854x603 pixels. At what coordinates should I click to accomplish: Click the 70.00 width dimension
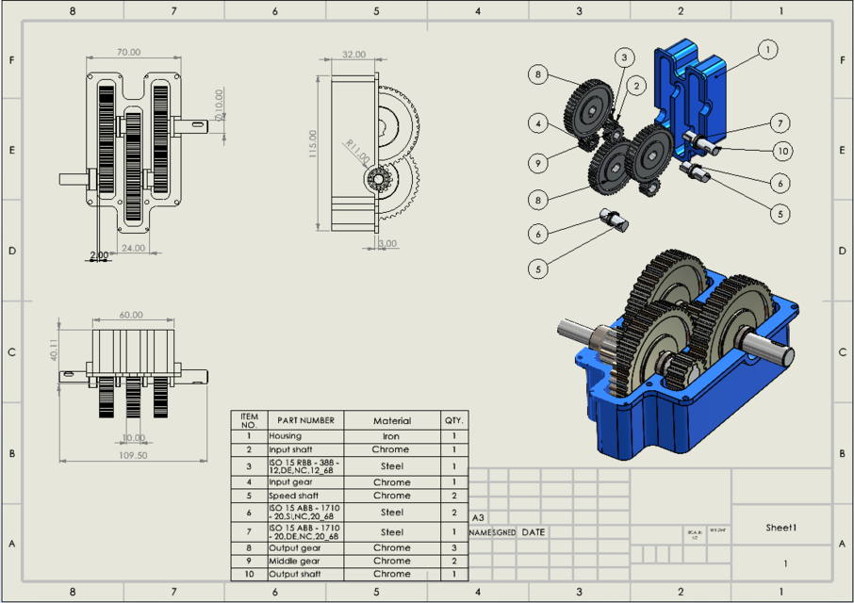point(129,53)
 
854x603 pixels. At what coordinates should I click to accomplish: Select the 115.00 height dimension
point(313,145)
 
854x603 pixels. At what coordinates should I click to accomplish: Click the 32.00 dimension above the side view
point(353,55)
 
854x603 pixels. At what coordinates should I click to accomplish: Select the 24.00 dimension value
point(133,248)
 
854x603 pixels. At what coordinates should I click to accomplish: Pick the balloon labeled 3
point(622,57)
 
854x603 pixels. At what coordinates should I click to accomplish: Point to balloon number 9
point(537,163)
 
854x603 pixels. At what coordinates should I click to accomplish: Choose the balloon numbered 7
point(780,122)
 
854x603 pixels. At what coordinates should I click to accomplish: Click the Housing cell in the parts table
point(286,436)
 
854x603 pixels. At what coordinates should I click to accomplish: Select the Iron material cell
point(391,436)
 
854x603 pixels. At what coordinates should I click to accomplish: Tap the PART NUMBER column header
point(304,420)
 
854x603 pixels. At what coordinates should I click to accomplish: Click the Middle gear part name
point(294,561)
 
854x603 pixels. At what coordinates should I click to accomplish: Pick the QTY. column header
point(453,420)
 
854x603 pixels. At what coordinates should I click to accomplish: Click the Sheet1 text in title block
point(781,529)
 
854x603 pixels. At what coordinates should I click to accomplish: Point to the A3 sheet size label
point(478,517)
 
